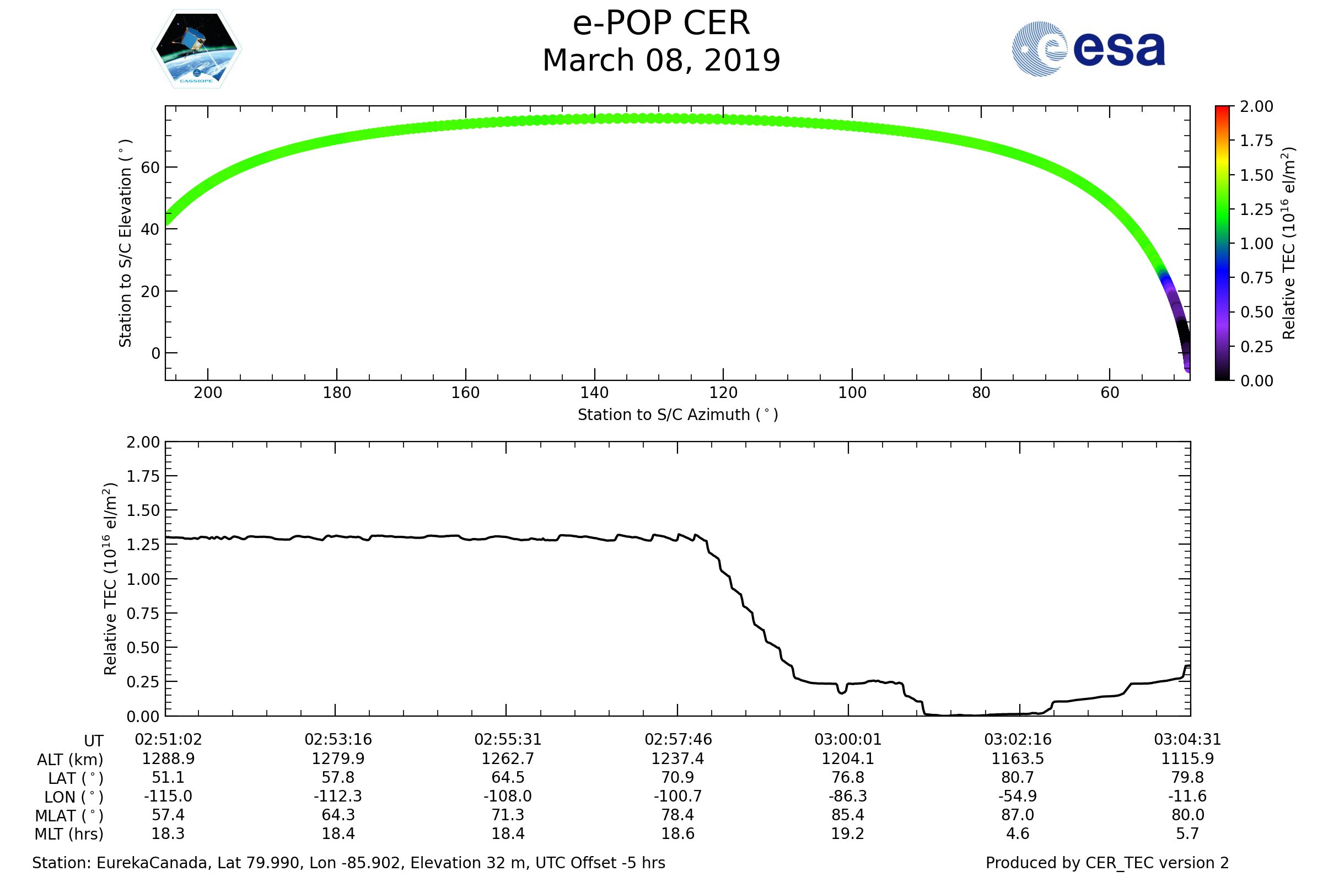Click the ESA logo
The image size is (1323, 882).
click(x=1088, y=49)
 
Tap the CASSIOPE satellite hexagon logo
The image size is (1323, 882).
click(x=197, y=49)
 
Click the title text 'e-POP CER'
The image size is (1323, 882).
click(x=661, y=24)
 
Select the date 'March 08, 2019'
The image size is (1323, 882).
click(x=661, y=60)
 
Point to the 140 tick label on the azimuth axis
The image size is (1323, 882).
click(x=594, y=392)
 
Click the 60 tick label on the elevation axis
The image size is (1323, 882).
click(x=150, y=168)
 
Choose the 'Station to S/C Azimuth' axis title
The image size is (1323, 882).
click(x=678, y=415)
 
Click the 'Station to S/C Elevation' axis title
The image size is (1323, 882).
click(x=125, y=243)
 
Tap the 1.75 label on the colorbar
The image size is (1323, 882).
click(x=1256, y=141)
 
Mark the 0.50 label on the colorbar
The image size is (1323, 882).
click(x=1256, y=312)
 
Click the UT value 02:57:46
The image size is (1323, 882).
click(x=678, y=740)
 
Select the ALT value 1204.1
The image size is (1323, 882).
click(x=848, y=759)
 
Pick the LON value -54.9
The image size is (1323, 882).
click(x=1018, y=797)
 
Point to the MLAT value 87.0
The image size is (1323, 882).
click(x=1018, y=815)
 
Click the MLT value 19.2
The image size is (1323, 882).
click(x=848, y=833)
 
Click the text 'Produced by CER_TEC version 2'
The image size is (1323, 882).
click(x=1107, y=863)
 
